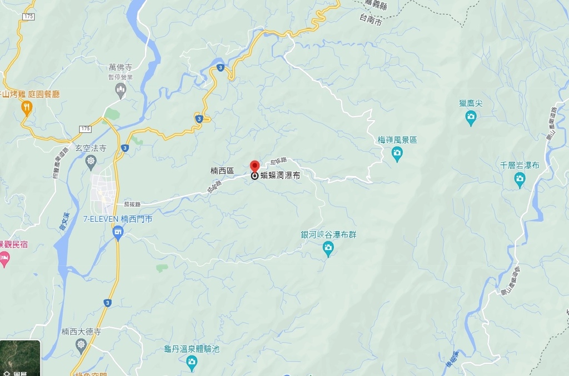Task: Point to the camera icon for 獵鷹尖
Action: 471,117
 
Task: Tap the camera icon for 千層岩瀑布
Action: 520,178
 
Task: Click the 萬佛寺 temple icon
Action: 121,89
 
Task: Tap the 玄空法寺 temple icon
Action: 91,161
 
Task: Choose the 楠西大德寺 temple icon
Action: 81,344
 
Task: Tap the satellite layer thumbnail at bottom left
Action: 20,358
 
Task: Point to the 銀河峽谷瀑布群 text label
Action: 328,235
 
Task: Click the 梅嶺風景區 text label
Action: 397,140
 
